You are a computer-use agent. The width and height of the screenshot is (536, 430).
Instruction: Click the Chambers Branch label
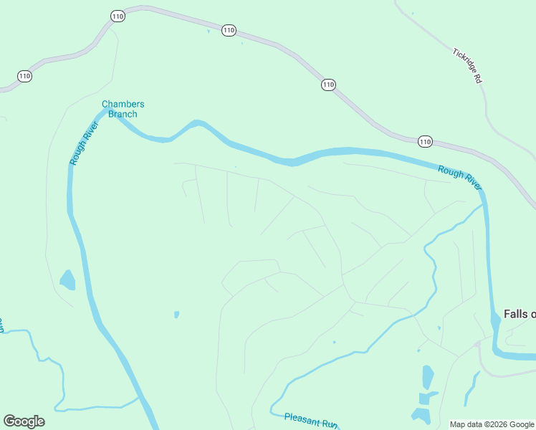[123, 109]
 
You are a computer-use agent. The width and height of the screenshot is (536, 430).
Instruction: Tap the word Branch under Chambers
[123, 114]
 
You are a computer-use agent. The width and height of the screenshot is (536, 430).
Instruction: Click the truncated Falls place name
[520, 314]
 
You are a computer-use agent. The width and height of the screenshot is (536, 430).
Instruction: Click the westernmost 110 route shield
[25, 76]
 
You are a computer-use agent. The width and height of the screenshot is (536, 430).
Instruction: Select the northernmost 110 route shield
[118, 16]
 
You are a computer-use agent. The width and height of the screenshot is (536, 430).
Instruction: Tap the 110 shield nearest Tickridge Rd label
[425, 141]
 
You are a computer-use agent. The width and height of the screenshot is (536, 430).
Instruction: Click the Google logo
[24, 421]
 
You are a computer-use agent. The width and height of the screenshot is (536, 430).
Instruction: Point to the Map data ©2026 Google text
[492, 424]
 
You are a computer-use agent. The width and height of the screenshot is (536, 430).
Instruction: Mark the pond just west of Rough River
[67, 279]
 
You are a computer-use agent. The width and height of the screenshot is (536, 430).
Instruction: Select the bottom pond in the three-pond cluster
[420, 415]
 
